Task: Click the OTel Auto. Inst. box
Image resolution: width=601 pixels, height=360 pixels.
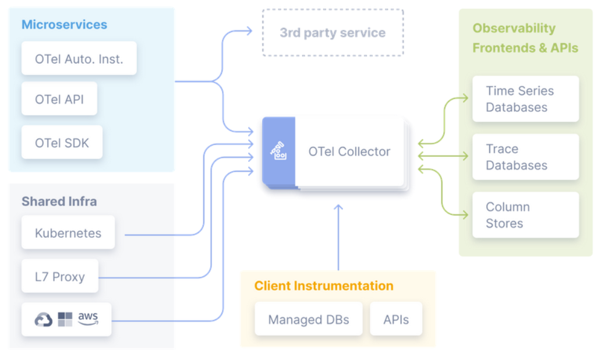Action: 79,58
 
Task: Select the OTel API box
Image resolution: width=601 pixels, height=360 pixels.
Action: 59,99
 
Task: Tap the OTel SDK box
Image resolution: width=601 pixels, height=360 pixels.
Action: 62,142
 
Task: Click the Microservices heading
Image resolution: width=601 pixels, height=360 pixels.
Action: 64,24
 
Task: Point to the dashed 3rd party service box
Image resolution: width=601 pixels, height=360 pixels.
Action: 333,33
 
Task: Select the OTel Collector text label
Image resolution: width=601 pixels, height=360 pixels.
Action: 349,151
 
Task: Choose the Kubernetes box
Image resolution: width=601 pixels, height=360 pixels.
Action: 68,233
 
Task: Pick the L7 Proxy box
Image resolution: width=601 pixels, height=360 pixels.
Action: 59,277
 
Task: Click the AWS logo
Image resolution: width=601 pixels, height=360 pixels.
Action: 88,318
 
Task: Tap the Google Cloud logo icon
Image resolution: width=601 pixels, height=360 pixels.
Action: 44,319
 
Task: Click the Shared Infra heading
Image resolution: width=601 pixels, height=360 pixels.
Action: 59,202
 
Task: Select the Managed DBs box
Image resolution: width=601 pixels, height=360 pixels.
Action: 308,319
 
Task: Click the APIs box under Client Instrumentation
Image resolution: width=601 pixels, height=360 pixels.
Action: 395,319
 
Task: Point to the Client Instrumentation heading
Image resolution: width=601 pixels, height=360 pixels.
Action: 323,286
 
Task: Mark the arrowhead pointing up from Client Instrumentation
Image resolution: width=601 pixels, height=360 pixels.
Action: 338,207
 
